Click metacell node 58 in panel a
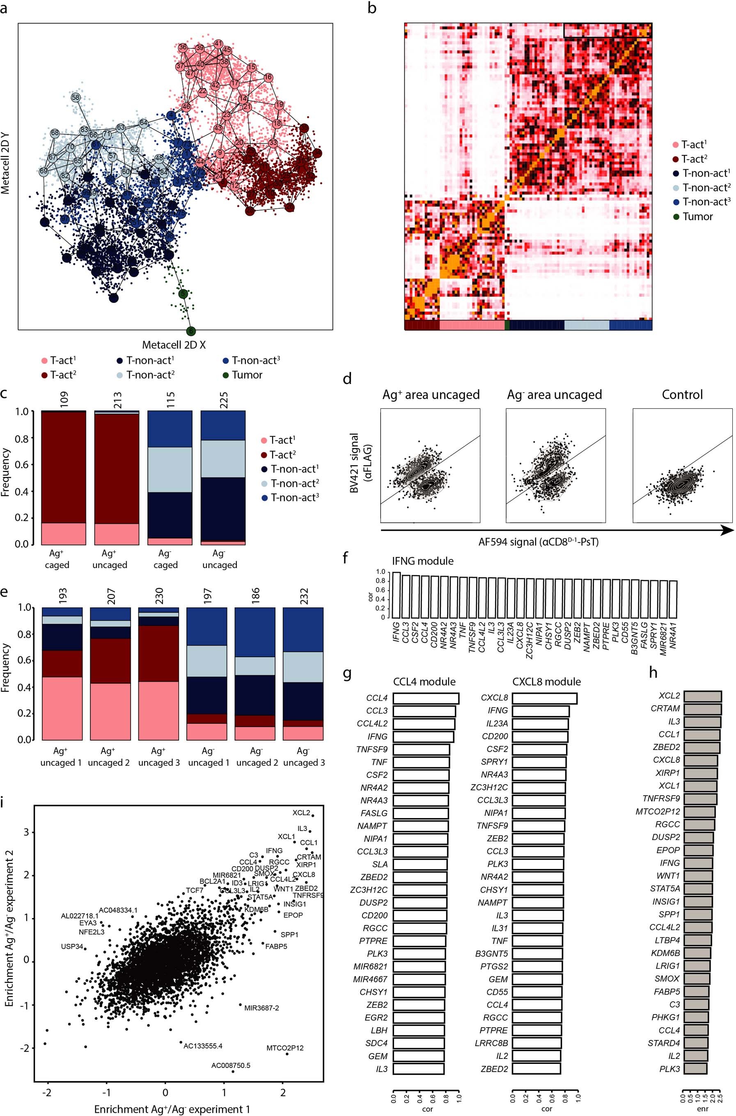(76, 97)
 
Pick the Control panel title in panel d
(682, 395)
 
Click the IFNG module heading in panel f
(422, 561)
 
